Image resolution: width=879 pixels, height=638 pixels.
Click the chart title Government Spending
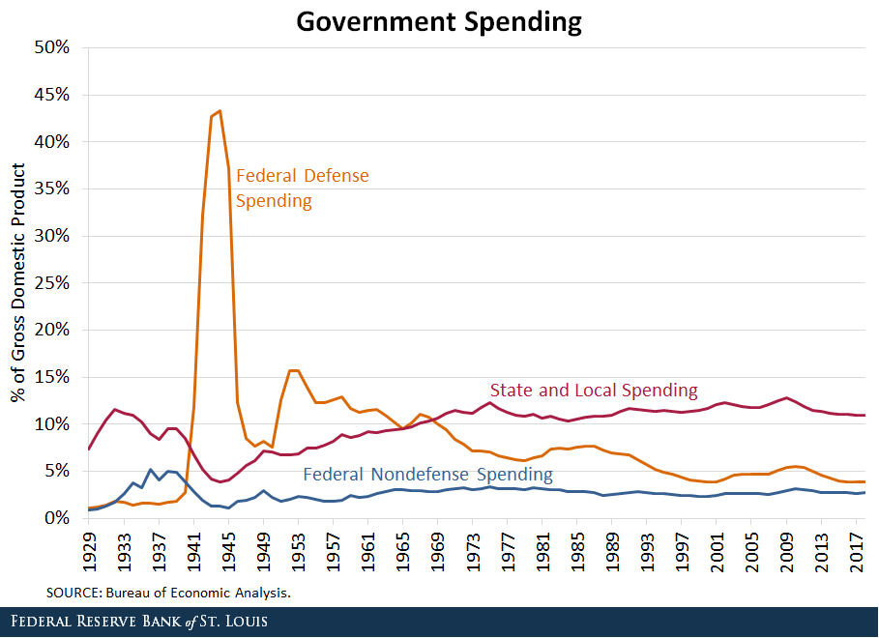tap(439, 21)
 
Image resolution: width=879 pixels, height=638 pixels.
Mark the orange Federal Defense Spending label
tap(302, 188)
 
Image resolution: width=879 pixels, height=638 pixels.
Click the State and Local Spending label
tap(594, 391)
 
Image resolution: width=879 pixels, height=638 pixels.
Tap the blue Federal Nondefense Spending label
tap(427, 475)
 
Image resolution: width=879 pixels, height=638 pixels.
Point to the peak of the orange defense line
tap(220, 111)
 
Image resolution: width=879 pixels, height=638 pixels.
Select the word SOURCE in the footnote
tap(73, 592)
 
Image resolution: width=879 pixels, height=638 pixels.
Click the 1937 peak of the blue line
tap(152, 470)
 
